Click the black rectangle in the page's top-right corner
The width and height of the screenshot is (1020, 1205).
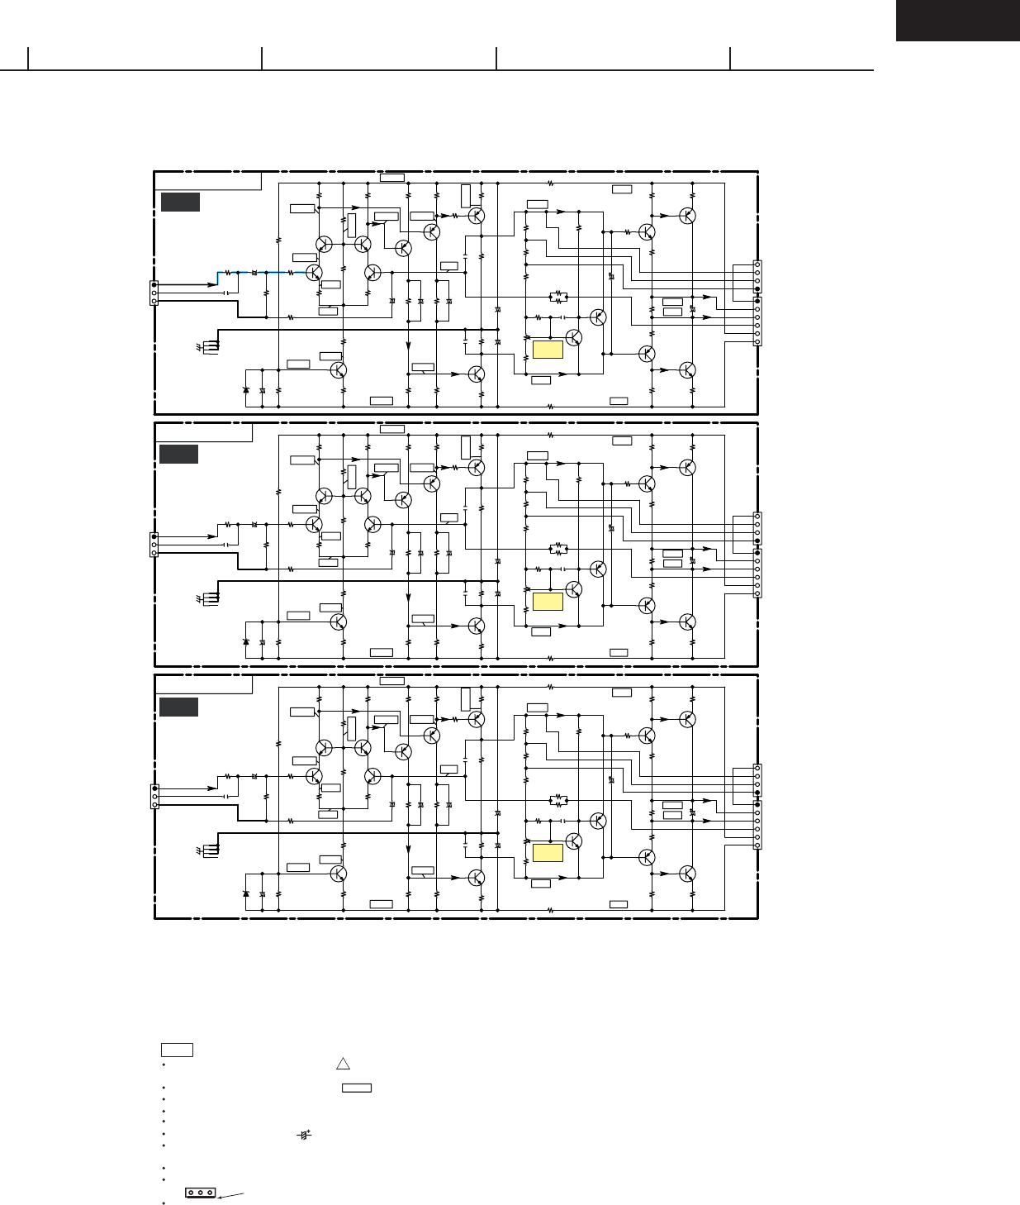tap(957, 21)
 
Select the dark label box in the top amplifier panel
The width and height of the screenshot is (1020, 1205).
tap(180, 202)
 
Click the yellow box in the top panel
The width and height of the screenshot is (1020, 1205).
tap(548, 350)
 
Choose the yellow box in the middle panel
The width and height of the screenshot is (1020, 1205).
tap(548, 602)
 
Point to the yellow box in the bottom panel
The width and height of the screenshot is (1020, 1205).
tap(548, 854)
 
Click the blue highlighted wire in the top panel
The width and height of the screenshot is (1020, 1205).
tap(256, 272)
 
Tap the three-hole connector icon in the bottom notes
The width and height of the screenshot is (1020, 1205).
tap(201, 1193)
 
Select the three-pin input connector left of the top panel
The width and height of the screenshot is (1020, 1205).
tap(154, 293)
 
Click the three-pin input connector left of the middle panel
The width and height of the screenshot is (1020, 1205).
tap(154, 545)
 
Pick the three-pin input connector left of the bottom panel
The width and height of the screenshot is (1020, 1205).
tap(154, 797)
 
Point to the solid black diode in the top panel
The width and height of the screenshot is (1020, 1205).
tap(245, 389)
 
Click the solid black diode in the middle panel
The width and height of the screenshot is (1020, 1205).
tap(245, 641)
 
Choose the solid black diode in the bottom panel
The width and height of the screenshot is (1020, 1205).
tap(245, 893)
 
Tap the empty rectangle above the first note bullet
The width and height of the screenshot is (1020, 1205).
tap(177, 1050)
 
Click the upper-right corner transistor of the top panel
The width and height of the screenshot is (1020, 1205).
tap(687, 215)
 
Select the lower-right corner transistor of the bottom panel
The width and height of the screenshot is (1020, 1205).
tap(687, 873)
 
